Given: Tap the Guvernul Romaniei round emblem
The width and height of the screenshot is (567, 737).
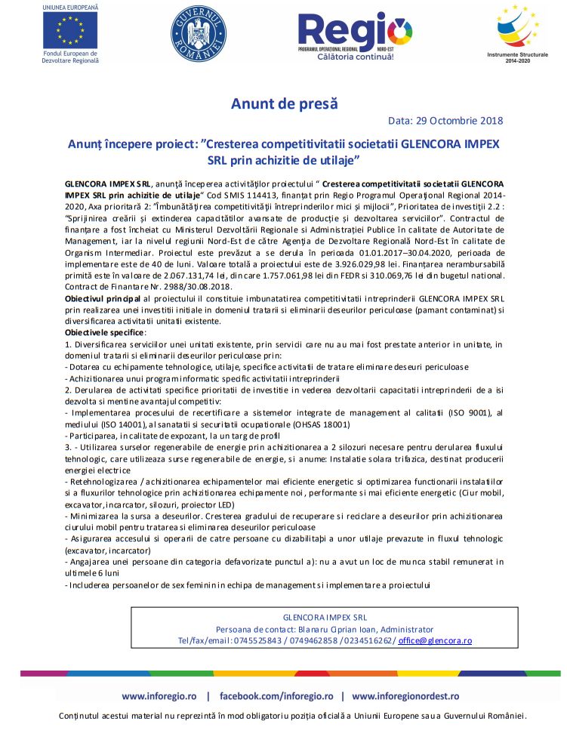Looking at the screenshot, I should point(197,35).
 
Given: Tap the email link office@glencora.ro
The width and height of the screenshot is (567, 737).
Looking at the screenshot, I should point(435,640).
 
